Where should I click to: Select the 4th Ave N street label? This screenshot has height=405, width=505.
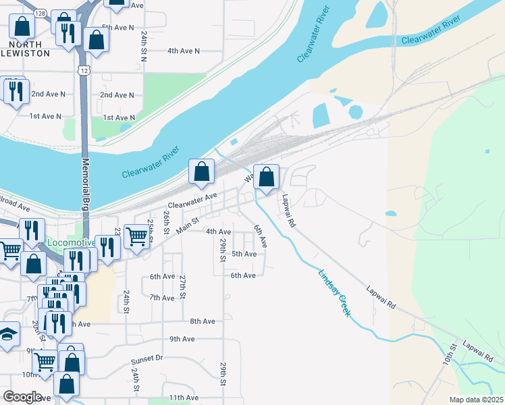(184, 51)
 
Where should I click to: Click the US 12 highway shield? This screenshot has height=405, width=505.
(83, 70)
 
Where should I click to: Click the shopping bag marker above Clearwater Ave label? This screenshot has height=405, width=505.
(201, 173)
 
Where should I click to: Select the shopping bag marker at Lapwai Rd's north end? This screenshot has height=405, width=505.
(267, 178)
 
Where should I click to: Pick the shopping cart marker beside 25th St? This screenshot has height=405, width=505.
(136, 236)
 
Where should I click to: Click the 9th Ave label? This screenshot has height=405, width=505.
(182, 339)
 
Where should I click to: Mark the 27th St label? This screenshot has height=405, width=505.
(182, 286)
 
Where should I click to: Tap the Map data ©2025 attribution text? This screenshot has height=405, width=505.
(477, 400)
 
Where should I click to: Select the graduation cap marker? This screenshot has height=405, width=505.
(7, 334)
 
